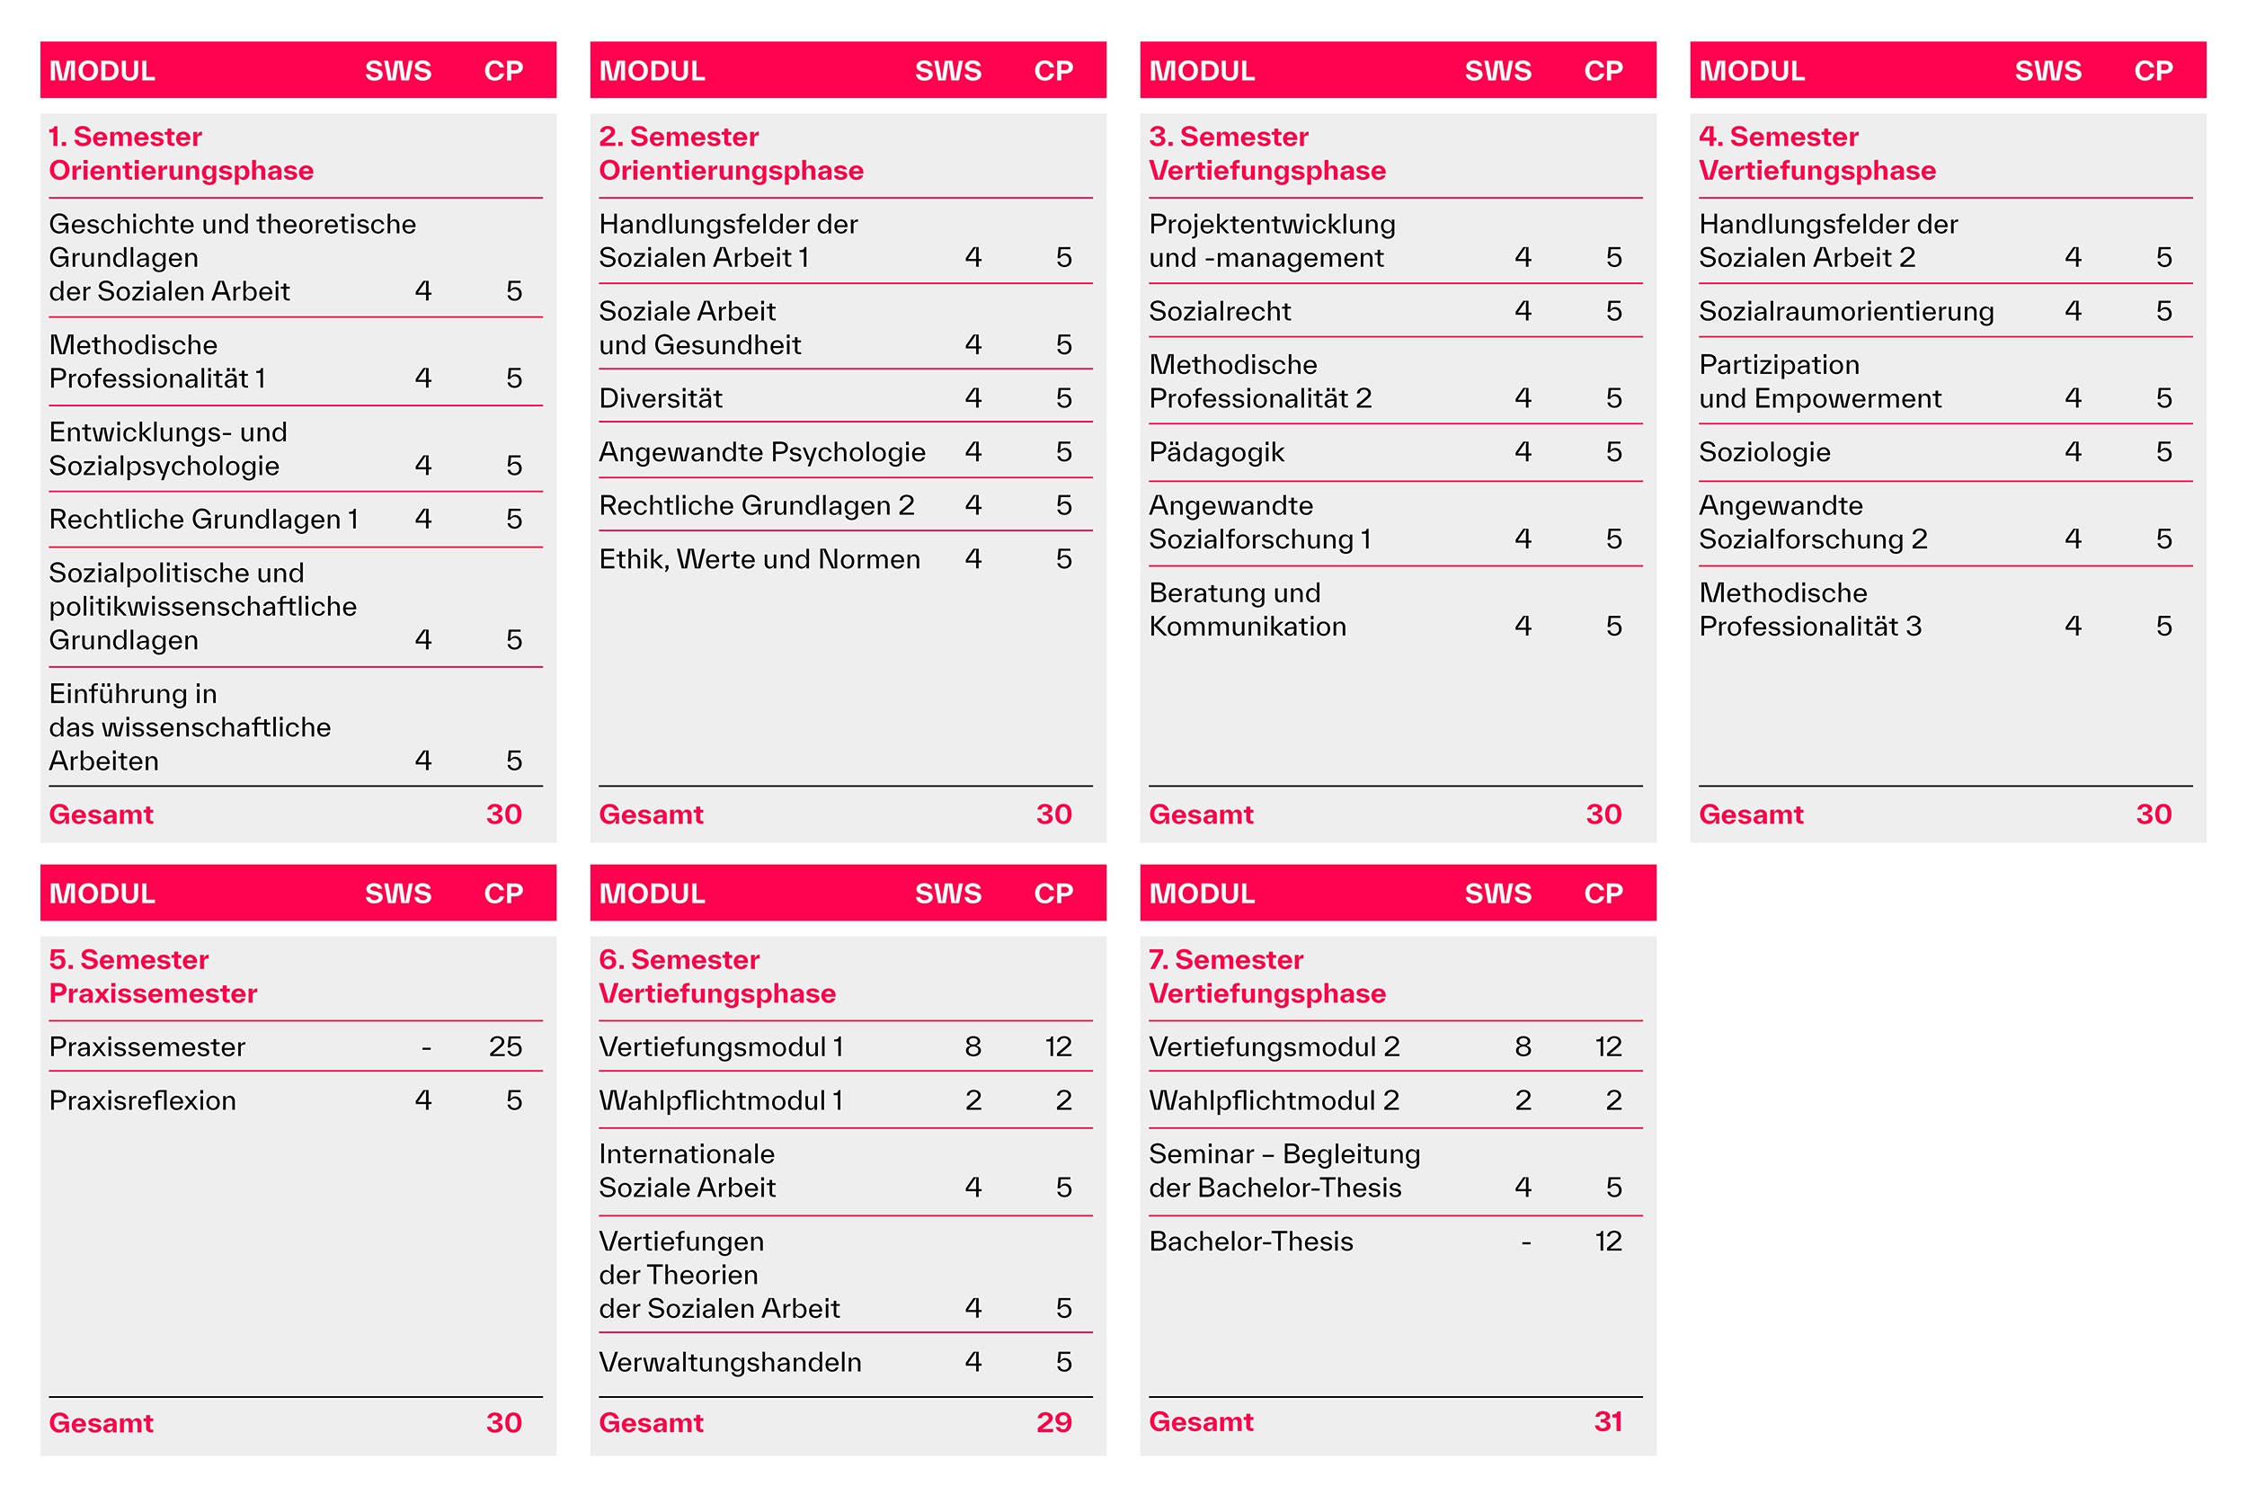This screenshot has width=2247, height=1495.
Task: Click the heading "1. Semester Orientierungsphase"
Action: (182, 154)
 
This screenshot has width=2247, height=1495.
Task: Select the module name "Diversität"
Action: (661, 398)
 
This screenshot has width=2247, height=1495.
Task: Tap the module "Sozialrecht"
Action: (1220, 312)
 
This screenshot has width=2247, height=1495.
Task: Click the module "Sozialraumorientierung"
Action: (1845, 312)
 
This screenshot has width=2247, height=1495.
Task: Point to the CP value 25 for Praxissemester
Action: (504, 1047)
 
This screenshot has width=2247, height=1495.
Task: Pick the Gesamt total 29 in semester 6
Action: (1053, 1422)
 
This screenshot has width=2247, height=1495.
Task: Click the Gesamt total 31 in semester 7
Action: (1607, 1421)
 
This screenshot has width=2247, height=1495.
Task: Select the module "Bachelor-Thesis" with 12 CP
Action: (1251, 1241)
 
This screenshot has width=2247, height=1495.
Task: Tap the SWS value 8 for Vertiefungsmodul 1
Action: (973, 1047)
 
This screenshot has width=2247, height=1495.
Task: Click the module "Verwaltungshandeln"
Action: (730, 1363)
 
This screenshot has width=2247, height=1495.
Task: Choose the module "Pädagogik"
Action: (1216, 452)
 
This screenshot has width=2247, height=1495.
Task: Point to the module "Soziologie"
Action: (1764, 452)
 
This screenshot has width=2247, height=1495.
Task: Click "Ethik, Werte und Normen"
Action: (759, 559)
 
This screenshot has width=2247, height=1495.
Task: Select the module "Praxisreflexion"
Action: (143, 1100)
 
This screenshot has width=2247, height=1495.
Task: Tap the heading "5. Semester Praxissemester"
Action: (153, 976)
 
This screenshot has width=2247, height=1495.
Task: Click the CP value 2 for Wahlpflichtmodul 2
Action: (1613, 1100)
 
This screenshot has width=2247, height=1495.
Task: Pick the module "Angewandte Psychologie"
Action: (761, 452)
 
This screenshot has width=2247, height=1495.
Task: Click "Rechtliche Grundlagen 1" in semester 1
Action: (204, 520)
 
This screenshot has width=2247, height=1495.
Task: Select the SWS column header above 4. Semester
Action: (2047, 70)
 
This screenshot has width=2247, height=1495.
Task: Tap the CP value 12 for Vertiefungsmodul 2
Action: (1607, 1047)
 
